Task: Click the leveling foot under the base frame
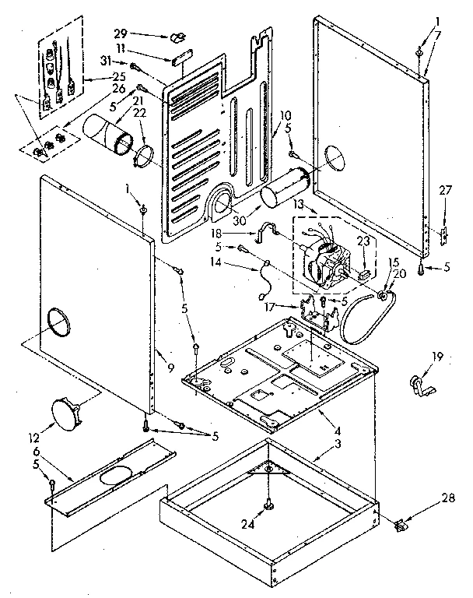(268, 506)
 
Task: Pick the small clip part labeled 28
(401, 526)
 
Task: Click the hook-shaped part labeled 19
(420, 385)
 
